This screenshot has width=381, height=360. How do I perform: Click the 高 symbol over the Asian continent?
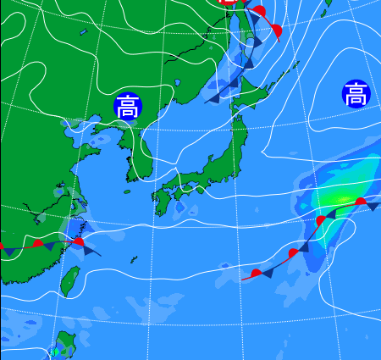point(128,106)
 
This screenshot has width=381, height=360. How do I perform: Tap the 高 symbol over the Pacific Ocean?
point(356,93)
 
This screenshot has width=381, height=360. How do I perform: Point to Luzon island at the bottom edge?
point(63,346)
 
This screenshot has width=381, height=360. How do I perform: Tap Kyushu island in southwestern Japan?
point(162,202)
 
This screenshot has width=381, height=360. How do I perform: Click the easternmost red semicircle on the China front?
point(78,242)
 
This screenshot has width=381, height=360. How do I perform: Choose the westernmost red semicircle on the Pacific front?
point(257,272)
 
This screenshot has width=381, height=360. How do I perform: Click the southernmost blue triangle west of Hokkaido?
point(214,98)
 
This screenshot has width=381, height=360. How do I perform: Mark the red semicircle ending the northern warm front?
point(277,31)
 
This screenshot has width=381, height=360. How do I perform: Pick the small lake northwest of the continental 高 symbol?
point(83,32)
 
